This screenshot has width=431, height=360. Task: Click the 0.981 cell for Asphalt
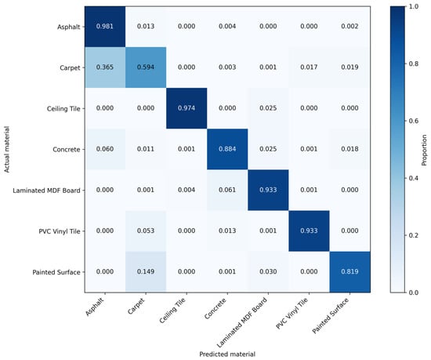(x=105, y=27)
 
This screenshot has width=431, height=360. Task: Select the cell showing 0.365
(x=105, y=67)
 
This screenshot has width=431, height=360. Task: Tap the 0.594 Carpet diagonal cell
(x=146, y=67)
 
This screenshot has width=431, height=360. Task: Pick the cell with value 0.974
(x=187, y=108)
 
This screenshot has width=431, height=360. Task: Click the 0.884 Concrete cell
(x=227, y=149)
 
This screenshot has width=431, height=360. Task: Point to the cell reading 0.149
(x=146, y=271)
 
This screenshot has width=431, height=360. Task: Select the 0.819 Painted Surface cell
(x=350, y=271)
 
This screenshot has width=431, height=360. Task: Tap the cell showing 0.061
(x=227, y=190)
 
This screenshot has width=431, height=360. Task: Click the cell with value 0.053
(x=146, y=231)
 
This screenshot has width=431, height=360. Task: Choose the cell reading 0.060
(x=105, y=149)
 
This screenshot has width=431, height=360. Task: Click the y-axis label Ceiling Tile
(x=63, y=109)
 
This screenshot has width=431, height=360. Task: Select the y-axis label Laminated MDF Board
(x=46, y=191)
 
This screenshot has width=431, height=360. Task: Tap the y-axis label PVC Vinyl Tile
(x=60, y=231)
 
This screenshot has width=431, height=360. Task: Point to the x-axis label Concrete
(x=215, y=308)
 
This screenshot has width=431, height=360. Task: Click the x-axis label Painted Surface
(x=331, y=315)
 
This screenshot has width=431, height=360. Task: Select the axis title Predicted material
(x=227, y=355)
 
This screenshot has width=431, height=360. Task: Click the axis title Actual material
(x=6, y=149)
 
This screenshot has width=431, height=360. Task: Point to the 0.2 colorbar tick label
(x=412, y=235)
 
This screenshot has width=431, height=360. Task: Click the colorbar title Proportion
(x=424, y=150)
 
